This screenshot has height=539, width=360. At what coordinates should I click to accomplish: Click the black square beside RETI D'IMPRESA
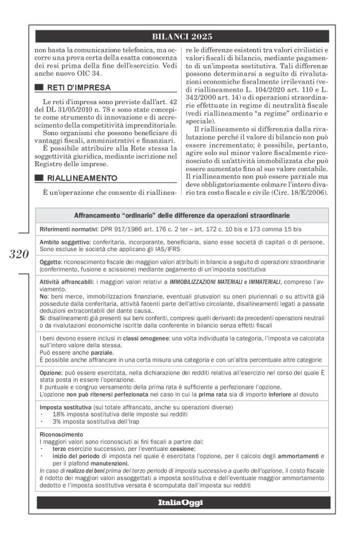point(39,87)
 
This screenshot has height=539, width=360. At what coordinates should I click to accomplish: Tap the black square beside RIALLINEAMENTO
point(39,178)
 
